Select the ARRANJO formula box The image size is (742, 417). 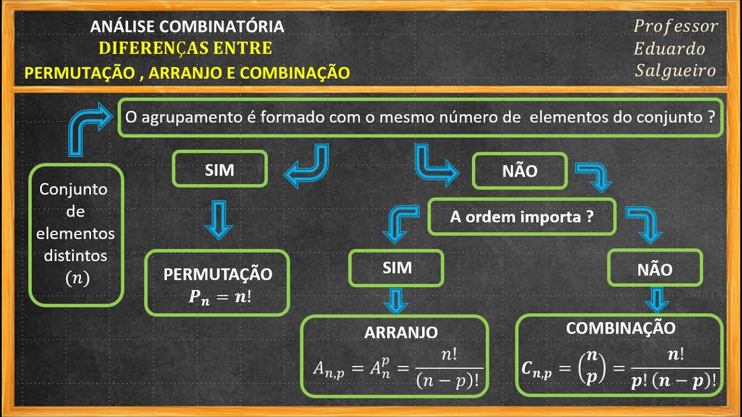[x=394, y=356]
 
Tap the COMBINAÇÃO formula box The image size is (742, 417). [x=620, y=356]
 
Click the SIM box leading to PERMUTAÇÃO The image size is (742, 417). [x=220, y=169]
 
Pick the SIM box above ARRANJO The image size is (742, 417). [x=397, y=268]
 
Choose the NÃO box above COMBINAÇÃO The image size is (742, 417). [x=654, y=269]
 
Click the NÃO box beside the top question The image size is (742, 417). [x=519, y=171]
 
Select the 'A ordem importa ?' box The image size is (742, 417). [x=522, y=217]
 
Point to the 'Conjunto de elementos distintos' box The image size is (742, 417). [x=76, y=235]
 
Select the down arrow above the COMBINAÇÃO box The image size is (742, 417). [x=657, y=299]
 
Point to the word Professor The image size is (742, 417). [x=675, y=27]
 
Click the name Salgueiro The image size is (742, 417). [x=675, y=71]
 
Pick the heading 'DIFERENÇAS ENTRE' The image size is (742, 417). [x=185, y=48]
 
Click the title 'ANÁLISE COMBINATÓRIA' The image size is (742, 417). [x=187, y=27]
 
